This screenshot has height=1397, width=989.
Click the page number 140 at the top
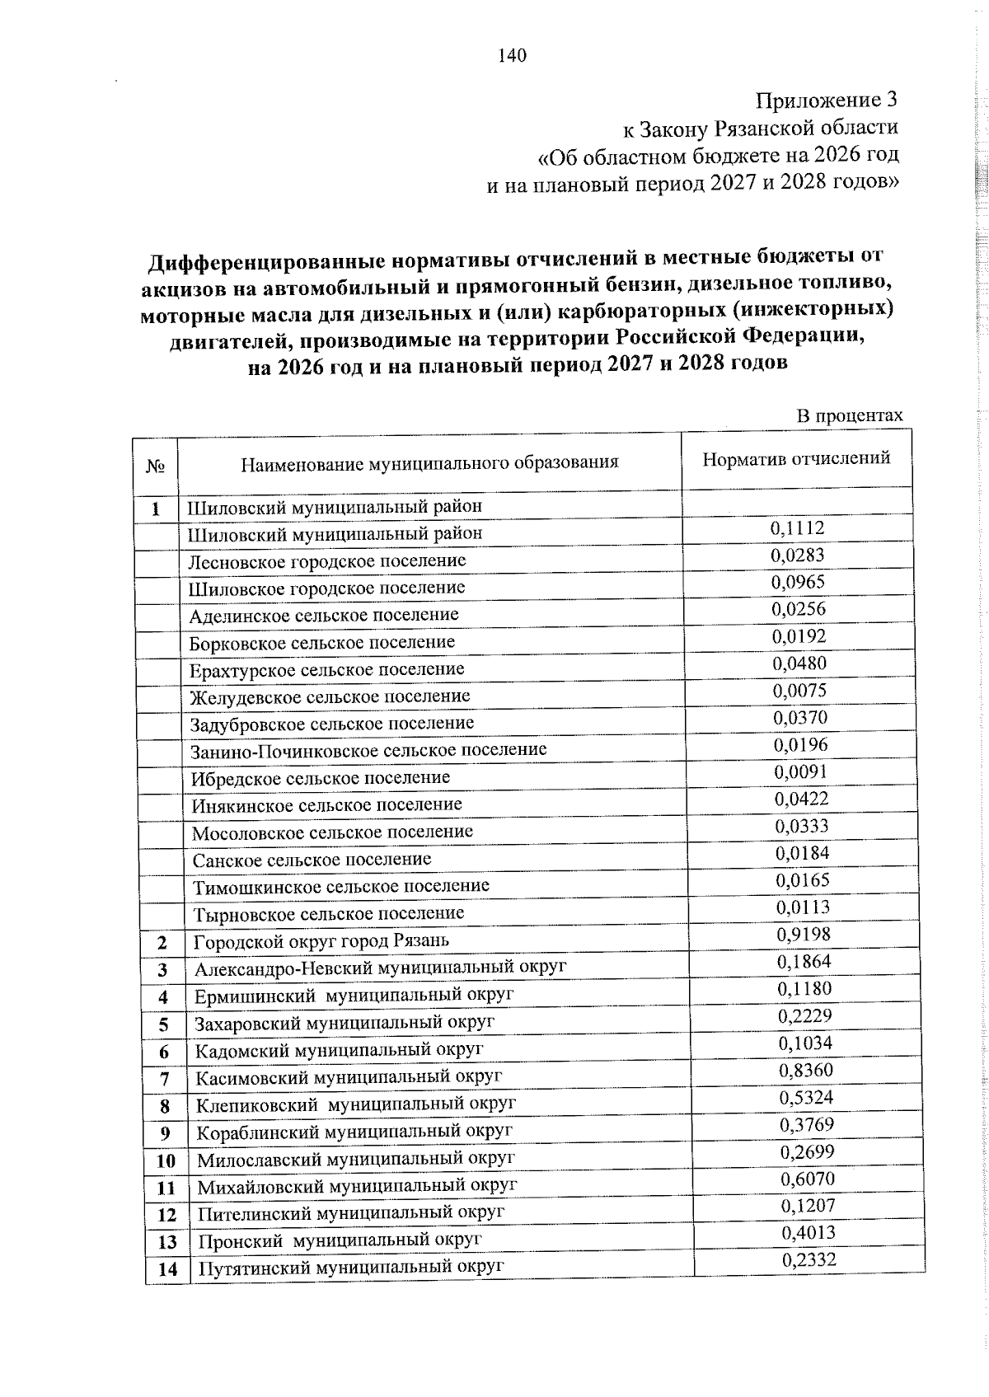[x=512, y=56]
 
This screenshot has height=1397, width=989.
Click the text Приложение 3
[x=827, y=101]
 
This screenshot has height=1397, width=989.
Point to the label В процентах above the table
[x=849, y=415]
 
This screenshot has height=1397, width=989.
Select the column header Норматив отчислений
[x=796, y=459]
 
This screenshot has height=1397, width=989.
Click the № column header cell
[x=156, y=466]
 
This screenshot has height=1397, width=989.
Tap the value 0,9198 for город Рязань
[x=804, y=934]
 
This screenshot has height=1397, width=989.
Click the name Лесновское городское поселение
[x=327, y=561]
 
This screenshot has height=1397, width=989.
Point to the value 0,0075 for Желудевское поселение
[x=799, y=690]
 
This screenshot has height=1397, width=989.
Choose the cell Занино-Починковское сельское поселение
[x=368, y=750]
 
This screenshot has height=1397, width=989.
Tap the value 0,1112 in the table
[x=797, y=527]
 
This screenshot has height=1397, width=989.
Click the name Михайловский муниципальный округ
[x=357, y=1186]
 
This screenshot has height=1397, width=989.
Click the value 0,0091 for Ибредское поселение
[x=800, y=771]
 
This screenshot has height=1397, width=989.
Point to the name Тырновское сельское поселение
[x=328, y=913]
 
